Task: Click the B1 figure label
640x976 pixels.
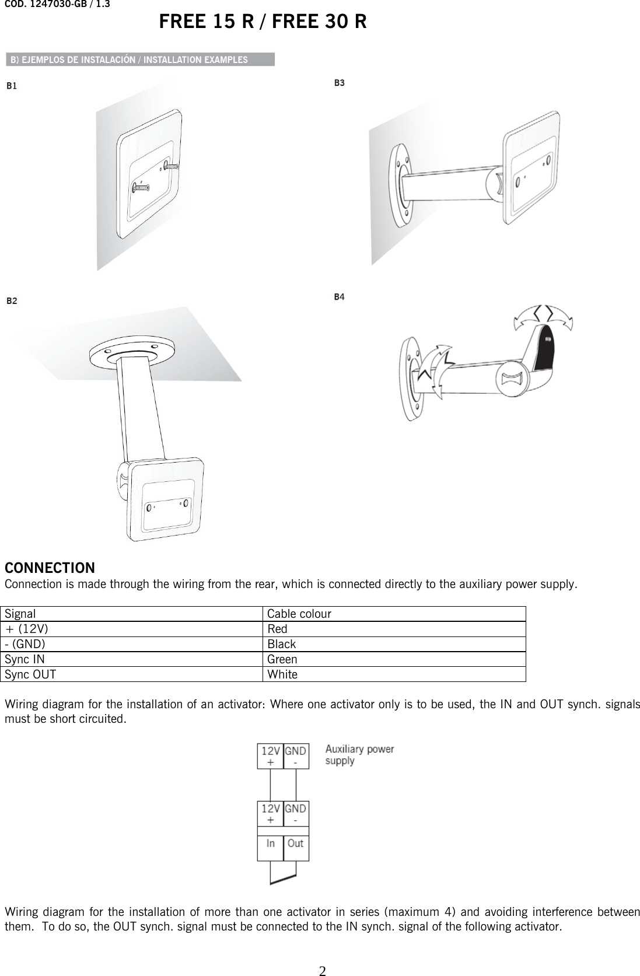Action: point(12,86)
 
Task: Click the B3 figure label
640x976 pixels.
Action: point(339,83)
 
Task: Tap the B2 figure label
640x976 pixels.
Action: point(12,301)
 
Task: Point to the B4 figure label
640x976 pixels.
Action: point(339,297)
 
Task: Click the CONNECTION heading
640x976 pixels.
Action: point(50,568)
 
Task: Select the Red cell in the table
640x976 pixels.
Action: point(277,629)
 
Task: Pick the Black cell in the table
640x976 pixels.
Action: point(281,644)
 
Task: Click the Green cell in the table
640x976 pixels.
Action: point(282,659)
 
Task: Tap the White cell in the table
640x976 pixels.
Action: point(282,674)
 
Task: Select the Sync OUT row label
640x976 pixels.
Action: point(30,674)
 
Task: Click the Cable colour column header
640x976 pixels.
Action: point(299,614)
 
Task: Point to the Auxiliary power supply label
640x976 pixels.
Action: point(359,754)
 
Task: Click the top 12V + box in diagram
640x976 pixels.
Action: point(271,756)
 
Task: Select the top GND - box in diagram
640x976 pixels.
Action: point(296,756)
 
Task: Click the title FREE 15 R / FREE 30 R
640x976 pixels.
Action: point(263,22)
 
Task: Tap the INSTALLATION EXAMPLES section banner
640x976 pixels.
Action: point(140,60)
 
